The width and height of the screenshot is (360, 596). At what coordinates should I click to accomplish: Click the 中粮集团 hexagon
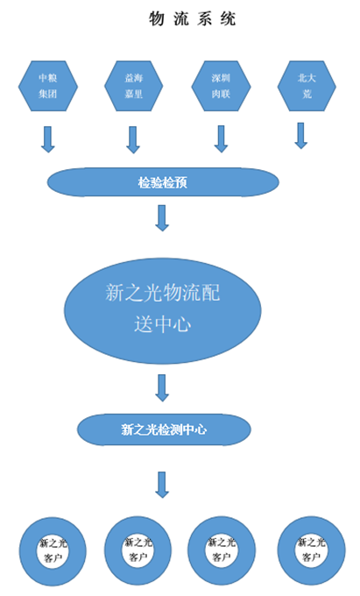(x=48, y=86)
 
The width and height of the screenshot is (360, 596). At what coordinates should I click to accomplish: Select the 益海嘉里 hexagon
(x=134, y=86)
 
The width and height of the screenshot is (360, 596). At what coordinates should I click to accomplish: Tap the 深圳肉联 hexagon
(x=221, y=86)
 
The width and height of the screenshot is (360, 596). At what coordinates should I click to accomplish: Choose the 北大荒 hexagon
(x=307, y=86)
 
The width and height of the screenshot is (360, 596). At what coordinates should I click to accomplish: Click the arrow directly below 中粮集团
(x=48, y=139)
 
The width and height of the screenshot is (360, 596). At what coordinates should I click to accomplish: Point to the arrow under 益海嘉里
(x=133, y=140)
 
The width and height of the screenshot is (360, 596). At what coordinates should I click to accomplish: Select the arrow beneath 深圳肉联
(x=221, y=139)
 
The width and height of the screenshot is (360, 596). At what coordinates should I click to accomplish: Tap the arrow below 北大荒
(x=300, y=135)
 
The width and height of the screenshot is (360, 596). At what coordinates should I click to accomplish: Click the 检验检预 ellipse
(x=163, y=182)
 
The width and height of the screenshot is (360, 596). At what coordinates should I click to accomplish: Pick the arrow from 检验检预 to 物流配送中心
(x=162, y=218)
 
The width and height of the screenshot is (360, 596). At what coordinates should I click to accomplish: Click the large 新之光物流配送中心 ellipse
(x=163, y=310)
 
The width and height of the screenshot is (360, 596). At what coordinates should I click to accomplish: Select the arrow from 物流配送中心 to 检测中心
(x=162, y=388)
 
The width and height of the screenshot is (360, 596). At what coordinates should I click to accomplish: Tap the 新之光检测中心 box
(x=164, y=429)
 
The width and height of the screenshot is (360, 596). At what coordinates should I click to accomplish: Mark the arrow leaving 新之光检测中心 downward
(x=162, y=485)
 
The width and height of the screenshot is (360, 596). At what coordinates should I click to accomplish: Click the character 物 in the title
(x=157, y=18)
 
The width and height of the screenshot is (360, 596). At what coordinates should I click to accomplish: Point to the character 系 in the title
(x=204, y=18)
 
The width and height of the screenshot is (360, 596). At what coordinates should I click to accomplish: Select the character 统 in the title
(x=228, y=18)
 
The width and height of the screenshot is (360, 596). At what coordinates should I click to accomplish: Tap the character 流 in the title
(x=181, y=18)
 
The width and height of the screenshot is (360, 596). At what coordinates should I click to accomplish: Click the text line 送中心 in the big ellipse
(x=163, y=324)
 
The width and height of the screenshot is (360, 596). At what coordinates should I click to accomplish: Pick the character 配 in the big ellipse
(x=210, y=293)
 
